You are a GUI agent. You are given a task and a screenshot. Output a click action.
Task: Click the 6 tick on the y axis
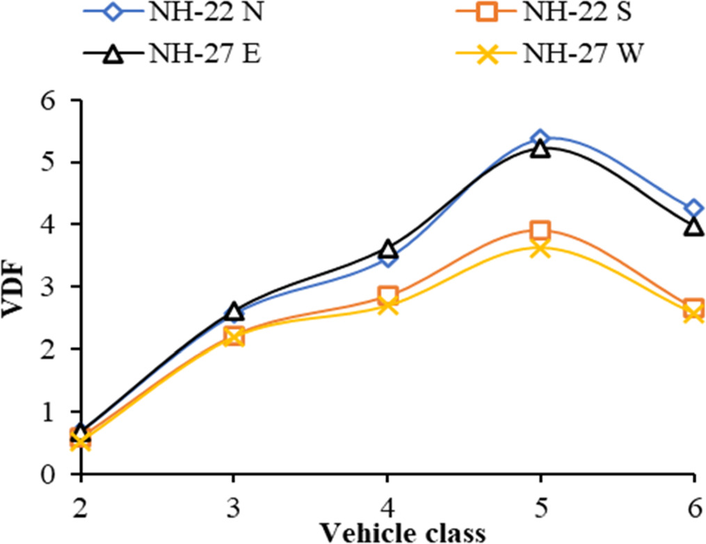[x=51, y=101]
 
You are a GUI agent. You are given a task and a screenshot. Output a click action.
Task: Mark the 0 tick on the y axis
[x=51, y=475]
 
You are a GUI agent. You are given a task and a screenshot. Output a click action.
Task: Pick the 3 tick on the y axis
[x=51, y=288]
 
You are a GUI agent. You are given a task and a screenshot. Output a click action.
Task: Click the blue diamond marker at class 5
[x=540, y=139]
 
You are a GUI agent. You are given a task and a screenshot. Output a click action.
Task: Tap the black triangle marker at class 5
[x=540, y=149]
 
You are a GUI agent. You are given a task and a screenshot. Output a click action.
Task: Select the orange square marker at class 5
[x=540, y=231]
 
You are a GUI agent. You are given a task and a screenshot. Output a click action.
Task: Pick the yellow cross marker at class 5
[x=540, y=248]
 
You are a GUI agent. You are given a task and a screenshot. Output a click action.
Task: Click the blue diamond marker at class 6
[x=693, y=208]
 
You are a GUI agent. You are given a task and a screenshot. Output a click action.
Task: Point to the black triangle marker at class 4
[x=387, y=249]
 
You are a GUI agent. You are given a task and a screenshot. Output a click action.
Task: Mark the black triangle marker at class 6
[x=693, y=226]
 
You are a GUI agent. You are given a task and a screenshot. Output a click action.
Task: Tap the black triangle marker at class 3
[x=234, y=311]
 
